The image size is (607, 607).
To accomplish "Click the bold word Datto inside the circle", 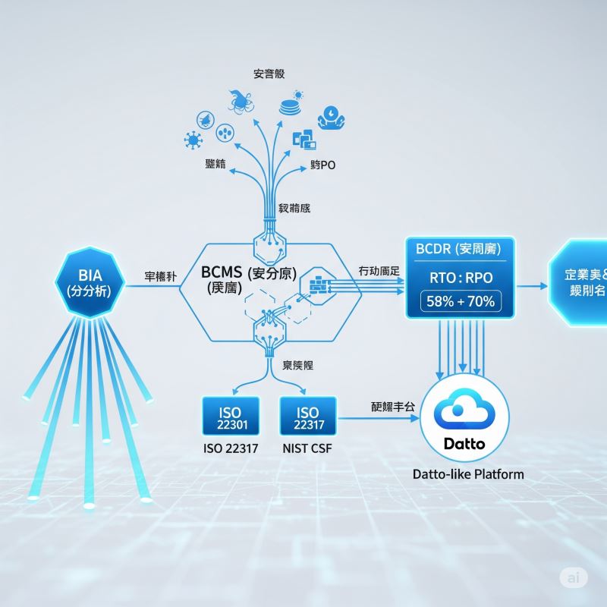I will pyautogui.click(x=464, y=443).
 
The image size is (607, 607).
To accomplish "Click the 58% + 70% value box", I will pyautogui.click(x=461, y=301).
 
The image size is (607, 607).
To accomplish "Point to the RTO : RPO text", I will pyautogui.click(x=461, y=275).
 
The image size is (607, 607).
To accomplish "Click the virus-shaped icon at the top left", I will pyautogui.click(x=193, y=141).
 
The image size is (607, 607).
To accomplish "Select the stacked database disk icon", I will pyautogui.click(x=291, y=104).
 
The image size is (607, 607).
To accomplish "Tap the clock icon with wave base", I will pyautogui.click(x=332, y=116).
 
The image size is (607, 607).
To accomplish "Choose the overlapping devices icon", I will pyautogui.click(x=303, y=139).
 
